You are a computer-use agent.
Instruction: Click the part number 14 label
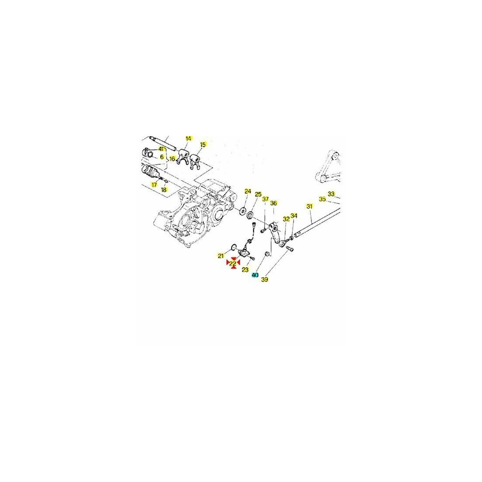(x=188, y=138)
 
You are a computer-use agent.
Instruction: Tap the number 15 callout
(x=203, y=145)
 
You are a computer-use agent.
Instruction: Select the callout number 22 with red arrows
(x=233, y=263)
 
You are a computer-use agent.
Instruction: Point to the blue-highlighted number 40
(x=255, y=275)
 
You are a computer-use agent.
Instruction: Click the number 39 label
(x=265, y=280)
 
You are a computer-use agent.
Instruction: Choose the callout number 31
(x=309, y=206)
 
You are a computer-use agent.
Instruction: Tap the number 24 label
(x=248, y=191)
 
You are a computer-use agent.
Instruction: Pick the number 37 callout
(x=265, y=199)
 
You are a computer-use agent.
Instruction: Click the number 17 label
(x=154, y=185)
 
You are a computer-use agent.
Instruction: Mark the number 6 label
(x=162, y=157)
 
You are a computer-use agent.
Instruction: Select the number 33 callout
(x=331, y=194)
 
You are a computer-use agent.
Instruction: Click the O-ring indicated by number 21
(x=233, y=247)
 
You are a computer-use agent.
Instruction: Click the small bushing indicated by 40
(x=267, y=254)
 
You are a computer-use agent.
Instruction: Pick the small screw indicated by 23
(x=252, y=258)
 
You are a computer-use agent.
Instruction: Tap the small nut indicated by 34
(x=291, y=237)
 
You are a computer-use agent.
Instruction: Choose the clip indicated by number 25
(x=250, y=214)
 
